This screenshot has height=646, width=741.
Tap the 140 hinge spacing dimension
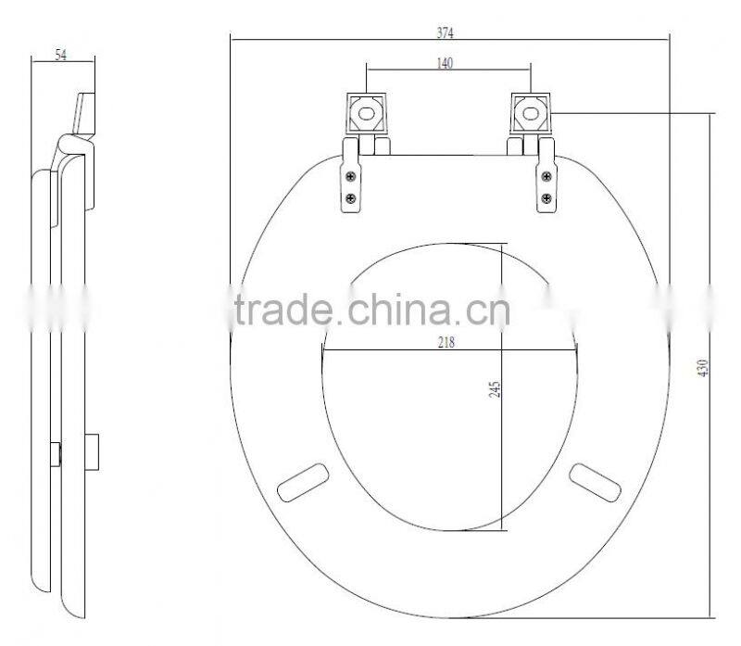click(x=447, y=63)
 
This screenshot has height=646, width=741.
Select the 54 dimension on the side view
click(x=61, y=56)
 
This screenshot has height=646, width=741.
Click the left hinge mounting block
click(x=368, y=115)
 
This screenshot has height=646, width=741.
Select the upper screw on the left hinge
click(x=350, y=178)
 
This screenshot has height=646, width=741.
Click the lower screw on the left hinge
click(x=350, y=197)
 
